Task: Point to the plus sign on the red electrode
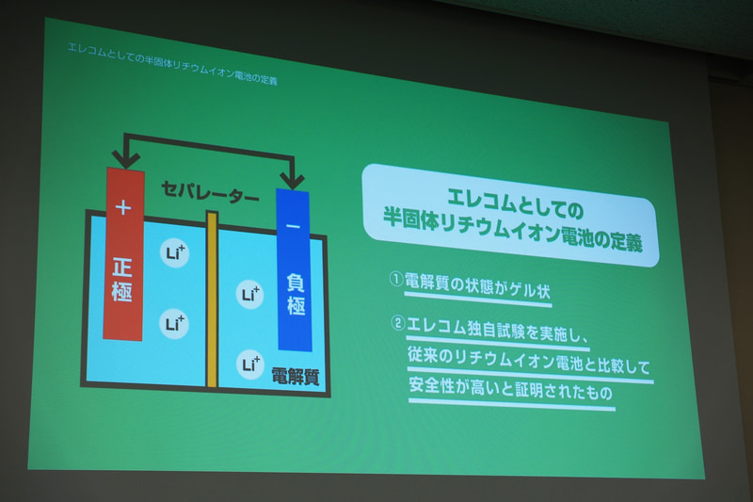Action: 122,205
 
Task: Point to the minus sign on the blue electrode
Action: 293,227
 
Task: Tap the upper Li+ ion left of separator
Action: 174,253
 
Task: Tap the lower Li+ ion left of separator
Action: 175,324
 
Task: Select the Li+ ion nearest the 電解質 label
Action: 250,363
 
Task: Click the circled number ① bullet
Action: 396,280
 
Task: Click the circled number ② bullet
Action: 398,323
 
